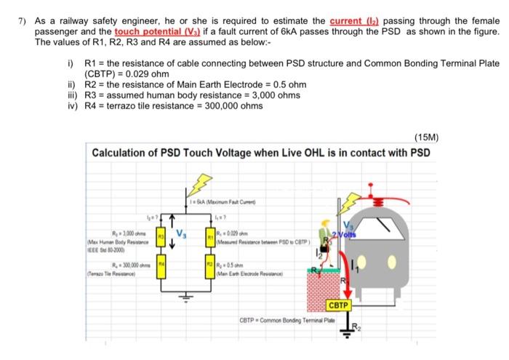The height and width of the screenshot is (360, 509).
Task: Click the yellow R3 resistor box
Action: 161,236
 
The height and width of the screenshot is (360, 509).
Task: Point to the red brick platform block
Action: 324,291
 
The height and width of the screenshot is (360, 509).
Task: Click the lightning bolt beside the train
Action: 353,203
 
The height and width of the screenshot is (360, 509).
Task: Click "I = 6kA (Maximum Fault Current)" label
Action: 217,202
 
